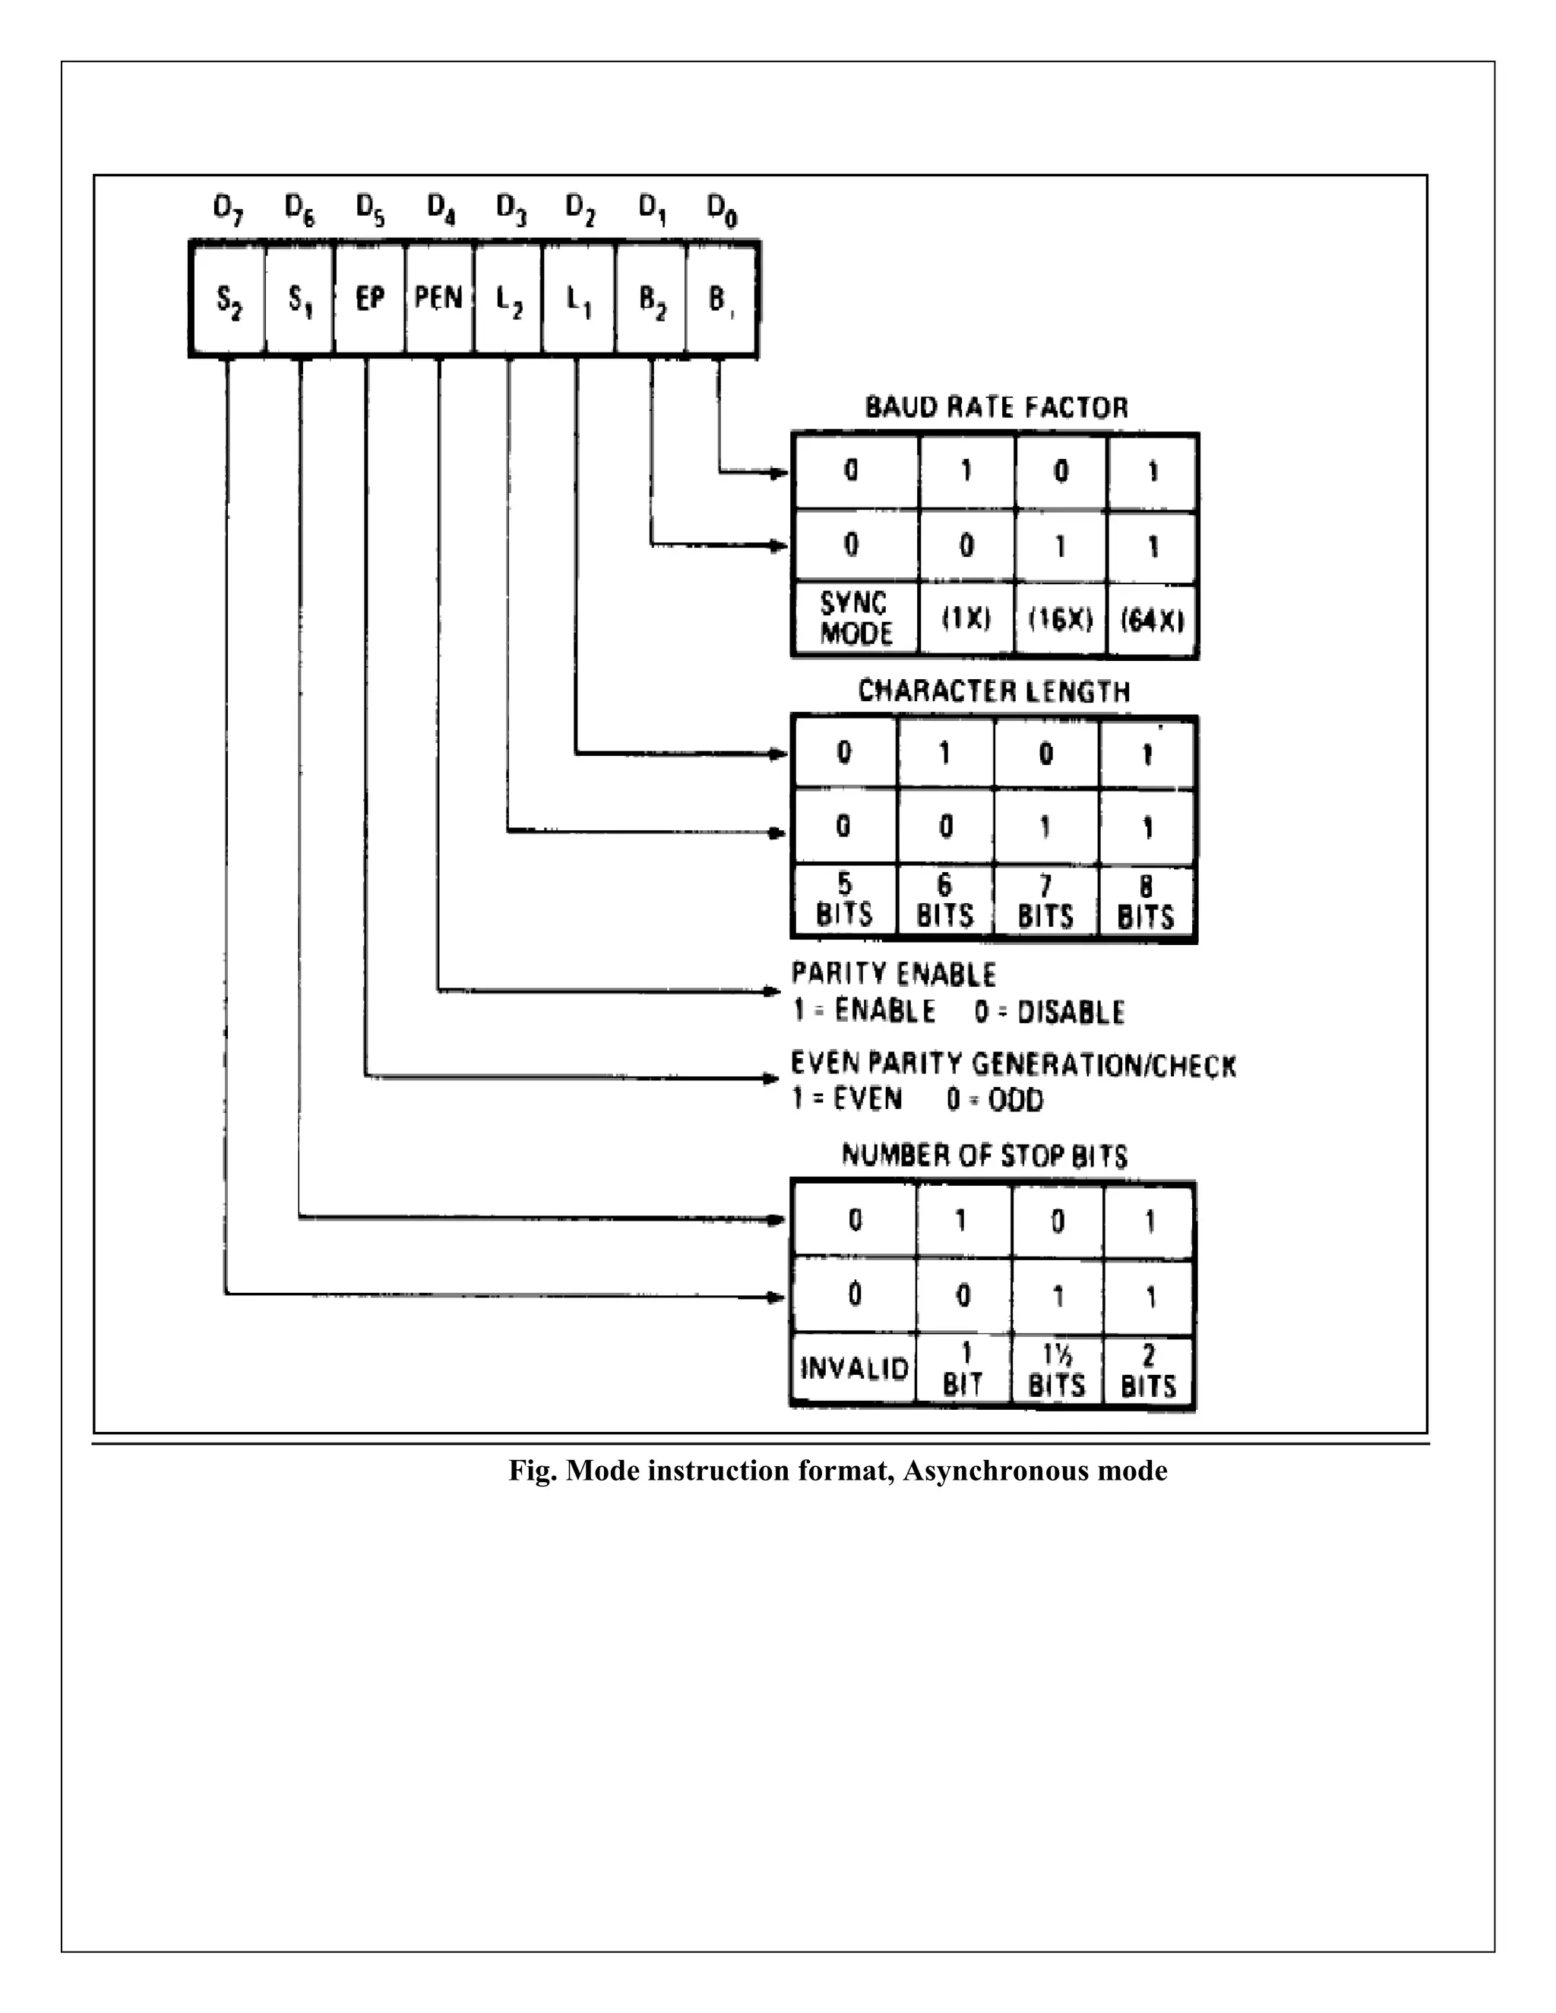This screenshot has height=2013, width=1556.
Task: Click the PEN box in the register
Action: tap(439, 299)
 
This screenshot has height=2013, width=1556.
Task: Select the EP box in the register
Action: tap(368, 299)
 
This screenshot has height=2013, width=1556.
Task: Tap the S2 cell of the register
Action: tap(228, 299)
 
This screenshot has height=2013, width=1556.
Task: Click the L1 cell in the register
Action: tap(578, 299)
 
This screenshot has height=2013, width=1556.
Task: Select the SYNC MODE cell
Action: tap(855, 618)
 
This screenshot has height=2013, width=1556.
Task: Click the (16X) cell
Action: tap(1060, 619)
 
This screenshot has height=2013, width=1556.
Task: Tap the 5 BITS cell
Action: tap(843, 902)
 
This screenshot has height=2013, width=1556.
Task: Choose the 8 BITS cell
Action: tap(1146, 902)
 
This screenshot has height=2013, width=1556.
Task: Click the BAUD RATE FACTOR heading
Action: tap(995, 407)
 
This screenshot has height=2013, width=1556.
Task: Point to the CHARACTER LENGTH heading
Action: tap(993, 691)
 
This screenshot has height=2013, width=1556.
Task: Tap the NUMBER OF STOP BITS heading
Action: tap(984, 1156)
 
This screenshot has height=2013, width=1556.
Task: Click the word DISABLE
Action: tap(1071, 1012)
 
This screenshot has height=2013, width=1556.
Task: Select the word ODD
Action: tap(1015, 1101)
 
